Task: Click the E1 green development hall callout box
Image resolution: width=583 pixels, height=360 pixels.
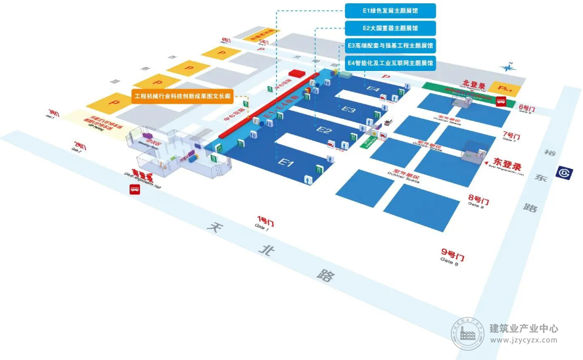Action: (x=390, y=11)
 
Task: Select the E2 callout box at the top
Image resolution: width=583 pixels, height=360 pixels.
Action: (x=390, y=28)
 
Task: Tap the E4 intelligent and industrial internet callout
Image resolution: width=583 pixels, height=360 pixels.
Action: (x=390, y=62)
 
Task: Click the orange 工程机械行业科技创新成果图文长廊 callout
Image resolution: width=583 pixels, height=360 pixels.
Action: (x=183, y=96)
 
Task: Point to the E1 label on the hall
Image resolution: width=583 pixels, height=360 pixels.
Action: (x=285, y=161)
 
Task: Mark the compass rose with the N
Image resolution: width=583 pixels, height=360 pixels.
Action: (x=506, y=66)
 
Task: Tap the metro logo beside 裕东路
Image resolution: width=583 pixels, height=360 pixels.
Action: (x=563, y=172)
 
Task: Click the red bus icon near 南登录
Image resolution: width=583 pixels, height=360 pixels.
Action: (x=135, y=190)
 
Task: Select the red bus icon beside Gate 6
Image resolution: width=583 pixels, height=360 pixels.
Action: (x=500, y=102)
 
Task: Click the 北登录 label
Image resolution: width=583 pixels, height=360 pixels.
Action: (x=474, y=85)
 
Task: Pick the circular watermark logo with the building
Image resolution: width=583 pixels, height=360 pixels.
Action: (x=468, y=333)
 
